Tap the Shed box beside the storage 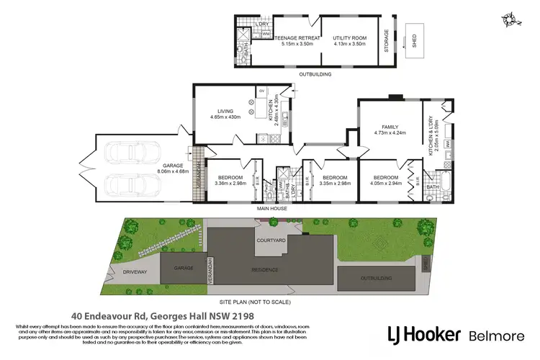[415, 41]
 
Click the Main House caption [273, 209]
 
